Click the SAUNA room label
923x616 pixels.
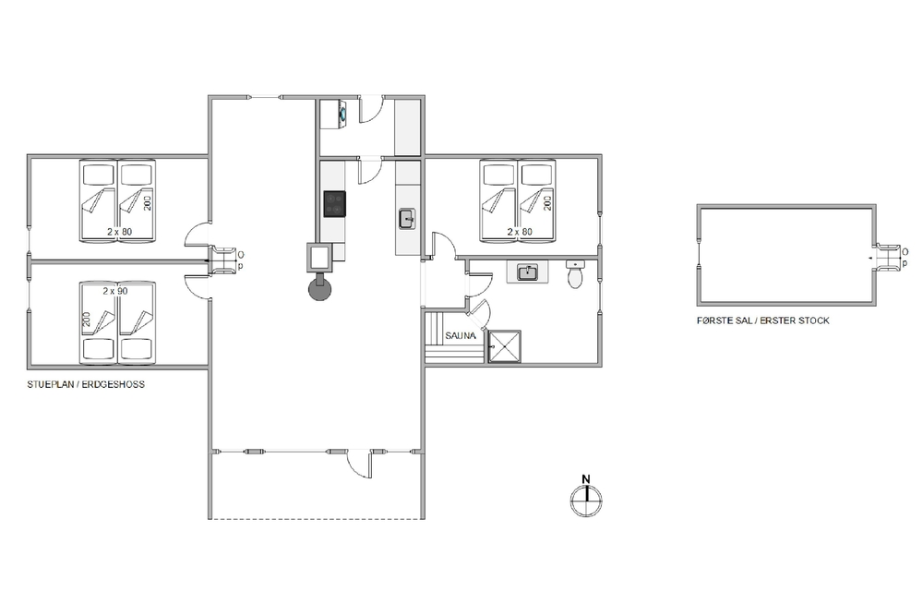pos(461,336)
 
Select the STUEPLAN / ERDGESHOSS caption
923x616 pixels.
pos(86,384)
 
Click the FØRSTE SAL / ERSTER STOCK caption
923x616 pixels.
pos(763,321)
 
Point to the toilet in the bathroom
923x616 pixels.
pos(575,274)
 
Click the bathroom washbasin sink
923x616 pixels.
pos(528,272)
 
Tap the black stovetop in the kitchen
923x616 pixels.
pos(334,204)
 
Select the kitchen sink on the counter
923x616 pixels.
pos(407,219)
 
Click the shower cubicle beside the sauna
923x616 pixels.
pos(505,346)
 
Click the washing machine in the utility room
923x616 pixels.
pos(341,113)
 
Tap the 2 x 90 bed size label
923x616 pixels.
pos(114,291)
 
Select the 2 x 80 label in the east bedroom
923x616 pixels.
pos(520,232)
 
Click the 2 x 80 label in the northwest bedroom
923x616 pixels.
pos(119,232)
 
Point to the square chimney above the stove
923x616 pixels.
pos(320,258)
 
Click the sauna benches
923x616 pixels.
pos(454,337)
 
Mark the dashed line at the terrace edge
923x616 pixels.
pos(317,519)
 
